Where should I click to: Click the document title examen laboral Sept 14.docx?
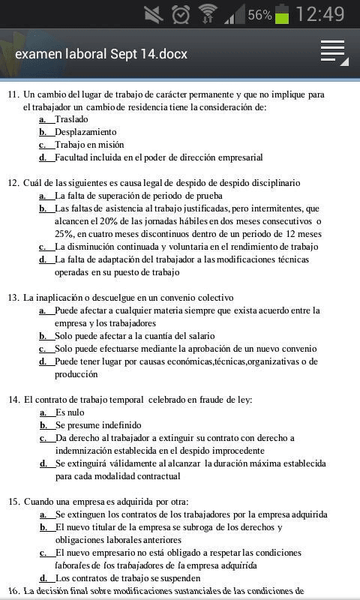101,54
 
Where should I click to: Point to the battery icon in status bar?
282,14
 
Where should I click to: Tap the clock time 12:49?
320,14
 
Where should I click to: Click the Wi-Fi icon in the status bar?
208,13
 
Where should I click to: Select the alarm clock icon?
181,14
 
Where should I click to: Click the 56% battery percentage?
259,15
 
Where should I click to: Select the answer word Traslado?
71,119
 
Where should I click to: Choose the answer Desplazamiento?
85,132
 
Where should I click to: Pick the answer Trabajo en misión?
89,145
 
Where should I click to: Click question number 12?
13,182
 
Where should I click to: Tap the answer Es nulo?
70,412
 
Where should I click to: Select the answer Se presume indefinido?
97,425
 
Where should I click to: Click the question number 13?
13,297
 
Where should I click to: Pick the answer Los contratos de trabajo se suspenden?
127,578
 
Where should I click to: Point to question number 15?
13,501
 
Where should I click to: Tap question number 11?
13,94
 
